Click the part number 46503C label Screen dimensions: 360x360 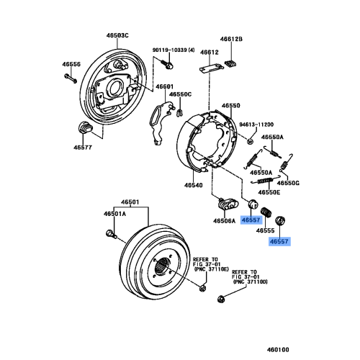(x=115, y=35)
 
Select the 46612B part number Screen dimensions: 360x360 (x=232, y=38)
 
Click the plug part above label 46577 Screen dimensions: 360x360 (x=84, y=129)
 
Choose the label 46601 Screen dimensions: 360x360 (x=162, y=86)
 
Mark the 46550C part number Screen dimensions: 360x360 (x=180, y=94)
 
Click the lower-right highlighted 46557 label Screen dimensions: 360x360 (x=279, y=243)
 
